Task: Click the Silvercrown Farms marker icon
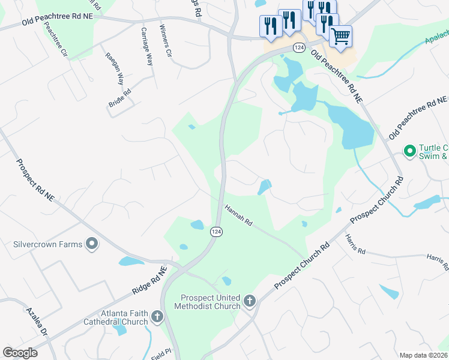pyautogui.click(x=91, y=244)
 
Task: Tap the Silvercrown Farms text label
pyautogui.click(x=48, y=245)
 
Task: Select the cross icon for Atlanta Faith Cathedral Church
pyautogui.click(x=157, y=316)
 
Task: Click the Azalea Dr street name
pyautogui.click(x=36, y=322)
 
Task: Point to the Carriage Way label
pyautogui.click(x=146, y=47)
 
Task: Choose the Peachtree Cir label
pyautogui.click(x=61, y=41)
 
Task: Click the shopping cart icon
pyautogui.click(x=340, y=36)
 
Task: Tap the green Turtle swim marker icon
pyautogui.click(x=411, y=151)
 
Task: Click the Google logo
pyautogui.click(x=20, y=352)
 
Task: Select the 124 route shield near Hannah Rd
pyautogui.click(x=216, y=232)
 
